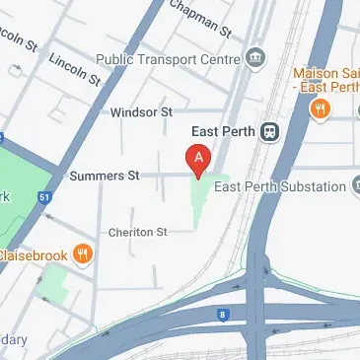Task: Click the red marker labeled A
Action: pos(198,159)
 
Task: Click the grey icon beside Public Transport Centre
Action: pos(255,56)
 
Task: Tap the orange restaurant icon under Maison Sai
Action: pos(319,111)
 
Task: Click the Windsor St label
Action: pos(141,112)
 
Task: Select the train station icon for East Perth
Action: pos(267,131)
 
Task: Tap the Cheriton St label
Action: pos(139,232)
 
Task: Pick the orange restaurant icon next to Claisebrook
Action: pos(84,254)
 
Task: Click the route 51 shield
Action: pos(43,196)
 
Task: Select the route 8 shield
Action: pos(223,315)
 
